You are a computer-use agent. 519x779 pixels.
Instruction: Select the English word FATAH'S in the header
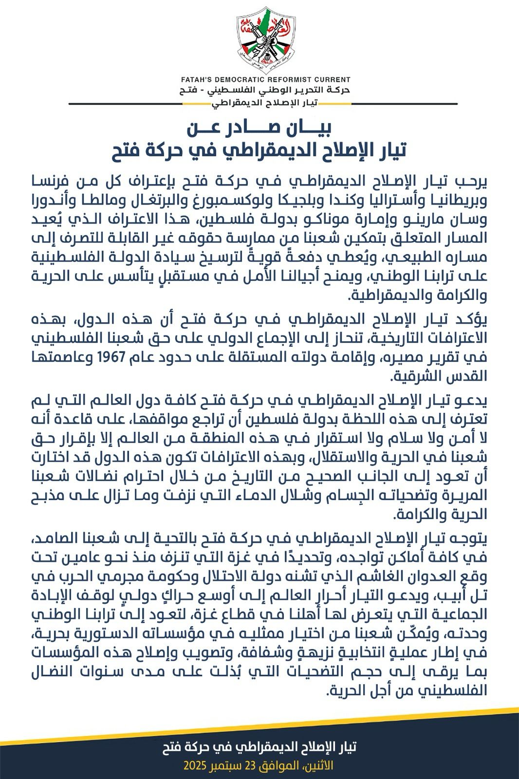(196, 79)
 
